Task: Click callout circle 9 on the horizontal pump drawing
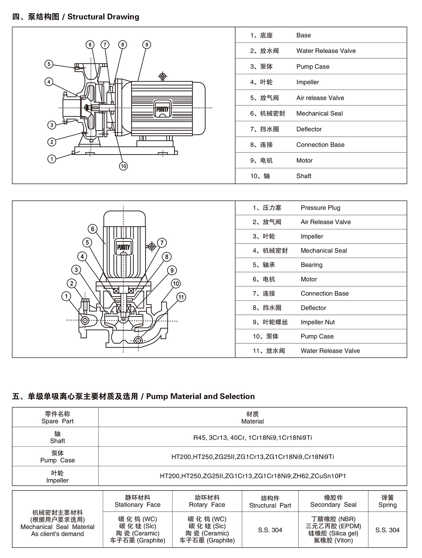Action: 147,45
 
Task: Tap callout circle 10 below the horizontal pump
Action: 123,166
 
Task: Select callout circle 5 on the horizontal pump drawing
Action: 49,64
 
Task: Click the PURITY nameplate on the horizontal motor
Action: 162,109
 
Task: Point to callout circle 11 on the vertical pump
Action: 181,298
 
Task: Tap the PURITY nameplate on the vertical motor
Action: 123,247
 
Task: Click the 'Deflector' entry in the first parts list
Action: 309,129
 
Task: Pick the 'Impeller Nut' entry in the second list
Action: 317,322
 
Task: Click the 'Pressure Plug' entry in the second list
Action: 320,208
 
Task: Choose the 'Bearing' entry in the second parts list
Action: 311,265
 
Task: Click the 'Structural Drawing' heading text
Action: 103,17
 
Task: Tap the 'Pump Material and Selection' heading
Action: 200,396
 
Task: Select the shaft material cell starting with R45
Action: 252,437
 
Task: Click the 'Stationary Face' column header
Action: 138,505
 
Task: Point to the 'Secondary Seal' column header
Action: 333,505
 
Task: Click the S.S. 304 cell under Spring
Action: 387,530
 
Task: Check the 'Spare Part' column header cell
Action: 57,421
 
